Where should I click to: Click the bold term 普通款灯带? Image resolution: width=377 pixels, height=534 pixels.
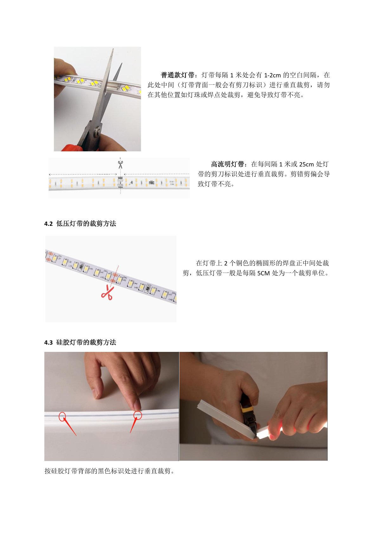[177, 75]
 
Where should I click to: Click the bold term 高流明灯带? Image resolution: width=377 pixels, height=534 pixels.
[227, 164]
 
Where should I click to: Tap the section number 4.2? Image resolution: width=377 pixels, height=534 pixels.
[48, 224]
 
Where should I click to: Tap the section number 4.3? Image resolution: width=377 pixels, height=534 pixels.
[48, 343]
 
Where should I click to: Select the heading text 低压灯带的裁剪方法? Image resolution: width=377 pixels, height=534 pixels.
[86, 224]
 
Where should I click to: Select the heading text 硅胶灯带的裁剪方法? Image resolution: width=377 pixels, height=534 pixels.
[86, 343]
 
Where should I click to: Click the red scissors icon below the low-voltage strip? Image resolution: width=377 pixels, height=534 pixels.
[108, 292]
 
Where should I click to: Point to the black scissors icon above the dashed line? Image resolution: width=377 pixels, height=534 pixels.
[120, 164]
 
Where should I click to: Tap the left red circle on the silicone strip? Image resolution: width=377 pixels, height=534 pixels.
[62, 417]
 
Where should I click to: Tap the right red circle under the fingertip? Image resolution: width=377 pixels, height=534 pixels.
[137, 415]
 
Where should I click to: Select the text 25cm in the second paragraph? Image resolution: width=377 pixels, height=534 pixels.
[307, 164]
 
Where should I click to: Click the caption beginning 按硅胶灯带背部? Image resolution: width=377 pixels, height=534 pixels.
[110, 471]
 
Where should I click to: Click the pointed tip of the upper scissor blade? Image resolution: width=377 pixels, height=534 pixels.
[113, 49]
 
